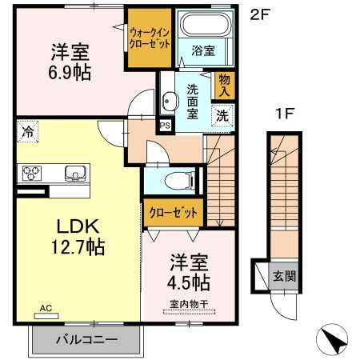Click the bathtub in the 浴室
pyautogui.click(x=205, y=24)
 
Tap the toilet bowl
pyautogui.click(x=179, y=180)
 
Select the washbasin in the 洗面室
pyautogui.click(x=169, y=101)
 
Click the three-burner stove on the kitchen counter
pyautogui.click(x=31, y=173)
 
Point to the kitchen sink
pyautogui.click(x=75, y=173)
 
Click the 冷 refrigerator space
pyautogui.click(x=28, y=131)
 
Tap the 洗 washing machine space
pyautogui.click(x=222, y=115)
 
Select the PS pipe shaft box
pyautogui.click(x=165, y=126)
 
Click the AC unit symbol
pyautogui.click(x=46, y=316)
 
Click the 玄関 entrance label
pyautogui.click(x=284, y=276)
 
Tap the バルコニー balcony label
pyautogui.click(x=87, y=339)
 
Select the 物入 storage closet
pyautogui.click(x=223, y=86)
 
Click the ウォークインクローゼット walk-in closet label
pyautogui.click(x=150, y=38)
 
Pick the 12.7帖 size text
pyautogui.click(x=78, y=247)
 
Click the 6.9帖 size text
pyautogui.click(x=70, y=73)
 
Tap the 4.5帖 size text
pyautogui.click(x=188, y=282)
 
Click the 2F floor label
pyautogui.click(x=260, y=14)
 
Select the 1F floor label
pyautogui.click(x=284, y=114)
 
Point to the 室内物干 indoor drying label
pyautogui.click(x=189, y=304)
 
